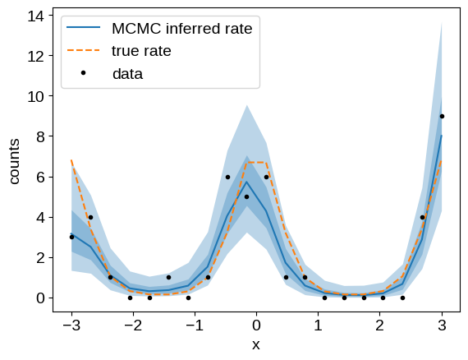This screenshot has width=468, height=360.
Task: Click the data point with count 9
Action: pyautogui.click(x=442, y=116)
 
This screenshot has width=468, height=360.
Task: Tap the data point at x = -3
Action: pyautogui.click(x=71, y=237)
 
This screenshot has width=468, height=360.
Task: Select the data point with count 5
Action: pyautogui.click(x=246, y=197)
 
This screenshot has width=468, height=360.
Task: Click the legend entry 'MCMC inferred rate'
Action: pyautogui.click(x=182, y=29)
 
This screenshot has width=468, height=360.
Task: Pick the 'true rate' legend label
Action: pyautogui.click(x=141, y=51)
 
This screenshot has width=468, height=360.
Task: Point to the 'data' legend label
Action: pyautogui.click(x=128, y=74)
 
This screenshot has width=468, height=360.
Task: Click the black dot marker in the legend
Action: pyautogui.click(x=83, y=72)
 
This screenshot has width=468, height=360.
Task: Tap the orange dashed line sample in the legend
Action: pyautogui.click(x=83, y=50)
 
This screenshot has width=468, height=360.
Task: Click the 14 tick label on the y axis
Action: pyautogui.click(x=36, y=16)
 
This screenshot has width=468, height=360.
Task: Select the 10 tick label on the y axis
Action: pyautogui.click(x=36, y=96)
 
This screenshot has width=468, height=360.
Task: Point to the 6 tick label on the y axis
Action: pyautogui.click(x=40, y=177)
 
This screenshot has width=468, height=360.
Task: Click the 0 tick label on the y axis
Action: pyautogui.click(x=40, y=298)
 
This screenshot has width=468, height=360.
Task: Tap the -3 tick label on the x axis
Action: pyautogui.click(x=71, y=325)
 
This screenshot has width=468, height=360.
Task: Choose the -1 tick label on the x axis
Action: pyautogui.click(x=195, y=325)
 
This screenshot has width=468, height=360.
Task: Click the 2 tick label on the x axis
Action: pyautogui.click(x=379, y=325)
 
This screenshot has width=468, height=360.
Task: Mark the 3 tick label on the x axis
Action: pyautogui.click(x=442, y=325)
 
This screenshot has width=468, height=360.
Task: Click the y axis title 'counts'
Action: pyautogui.click(x=14, y=161)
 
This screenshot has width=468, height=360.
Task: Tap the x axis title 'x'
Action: pyautogui.click(x=256, y=345)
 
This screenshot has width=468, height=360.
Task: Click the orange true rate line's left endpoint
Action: pyautogui.click(x=71, y=160)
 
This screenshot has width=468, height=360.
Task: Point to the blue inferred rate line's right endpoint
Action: pyautogui.click(x=442, y=136)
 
